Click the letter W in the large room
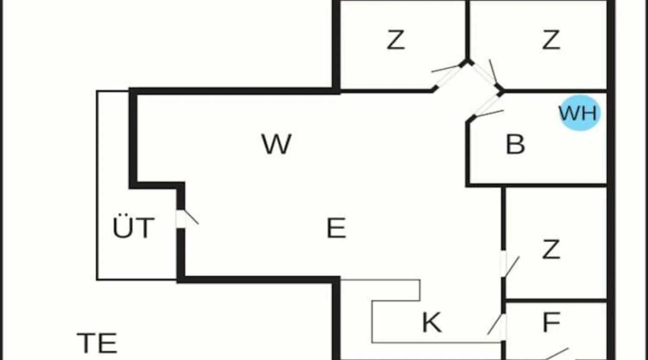(x=276, y=144)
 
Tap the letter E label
(x=336, y=228)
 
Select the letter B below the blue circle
(x=515, y=144)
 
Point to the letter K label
(x=431, y=323)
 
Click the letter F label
(x=551, y=323)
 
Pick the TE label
(x=97, y=343)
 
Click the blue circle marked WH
(x=579, y=113)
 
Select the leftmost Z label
(x=396, y=40)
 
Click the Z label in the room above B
(x=551, y=40)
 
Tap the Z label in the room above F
(x=551, y=249)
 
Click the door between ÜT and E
(x=187, y=218)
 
